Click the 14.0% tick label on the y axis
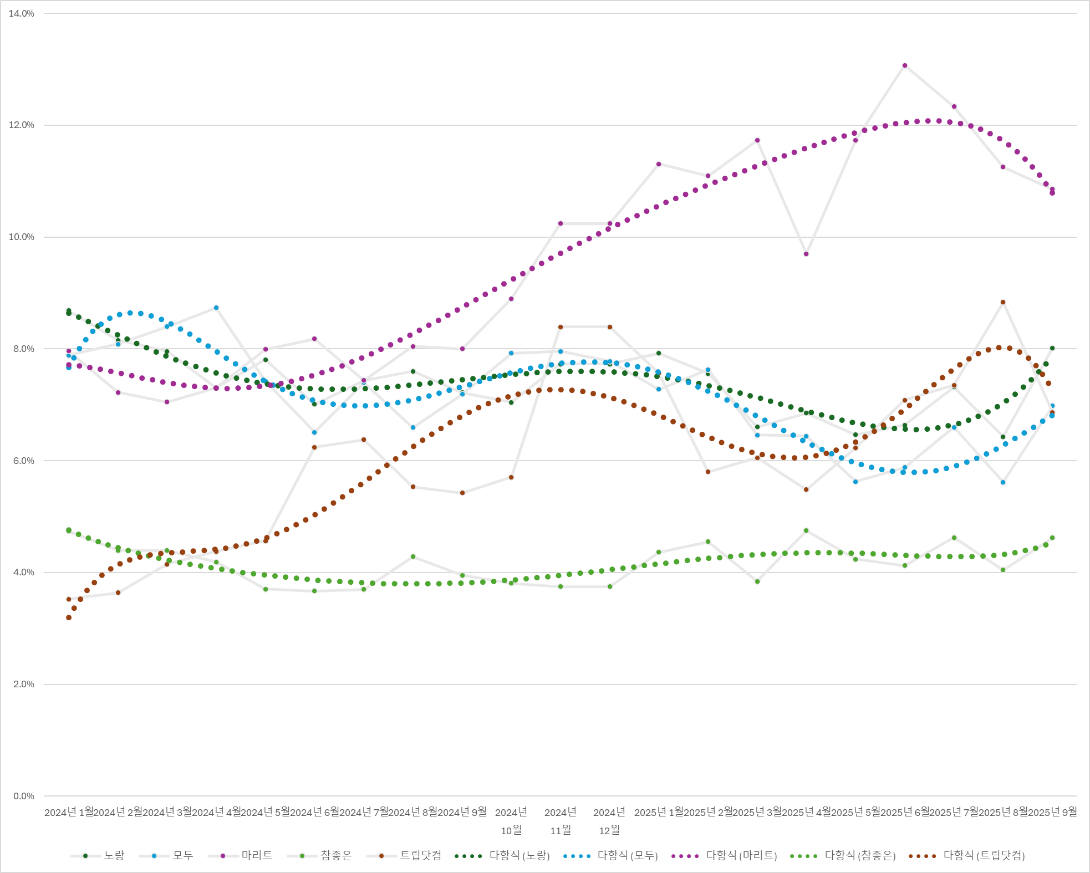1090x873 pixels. click(21, 14)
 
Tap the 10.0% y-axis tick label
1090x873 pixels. click(21, 237)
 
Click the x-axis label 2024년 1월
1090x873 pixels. click(69, 812)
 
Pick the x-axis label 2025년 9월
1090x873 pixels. click(1052, 812)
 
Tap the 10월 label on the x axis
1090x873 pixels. click(511, 830)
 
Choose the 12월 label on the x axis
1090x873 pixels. click(609, 830)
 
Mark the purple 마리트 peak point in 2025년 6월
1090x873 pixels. click(905, 65)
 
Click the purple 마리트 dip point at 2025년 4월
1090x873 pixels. click(806, 254)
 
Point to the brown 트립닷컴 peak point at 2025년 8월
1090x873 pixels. click(1003, 302)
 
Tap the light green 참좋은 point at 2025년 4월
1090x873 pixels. click(806, 530)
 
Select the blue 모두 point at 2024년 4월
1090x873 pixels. click(216, 308)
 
